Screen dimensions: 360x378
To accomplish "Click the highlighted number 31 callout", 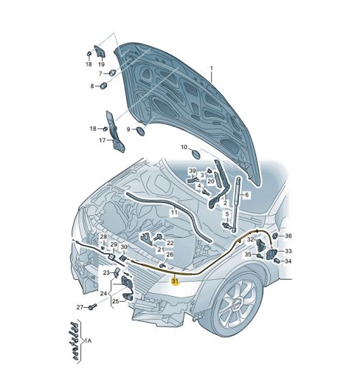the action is coord(175,281).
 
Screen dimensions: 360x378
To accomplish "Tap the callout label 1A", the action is coord(88,340).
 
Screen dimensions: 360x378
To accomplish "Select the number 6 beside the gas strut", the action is coord(246,195).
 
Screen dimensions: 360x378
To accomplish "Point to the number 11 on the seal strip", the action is coord(174,212).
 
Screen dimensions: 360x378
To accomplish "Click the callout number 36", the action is coord(288,236).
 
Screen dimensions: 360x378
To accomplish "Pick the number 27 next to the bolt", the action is coord(80,307).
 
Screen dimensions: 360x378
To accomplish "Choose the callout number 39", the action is coord(192,171).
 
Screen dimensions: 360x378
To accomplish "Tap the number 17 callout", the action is coord(103,140).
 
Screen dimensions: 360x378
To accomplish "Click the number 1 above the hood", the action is coord(211,69).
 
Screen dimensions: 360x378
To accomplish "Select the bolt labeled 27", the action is coord(92,306).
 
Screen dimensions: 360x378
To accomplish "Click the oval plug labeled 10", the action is coord(196,154).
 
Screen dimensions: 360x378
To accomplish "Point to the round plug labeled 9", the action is coord(140,131).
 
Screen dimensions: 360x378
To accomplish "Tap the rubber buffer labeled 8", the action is coord(103,86).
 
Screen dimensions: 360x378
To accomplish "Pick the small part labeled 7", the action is coord(113,72).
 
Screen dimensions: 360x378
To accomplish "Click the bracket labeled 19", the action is coord(100,51).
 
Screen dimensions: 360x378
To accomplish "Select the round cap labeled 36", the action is coord(275,236).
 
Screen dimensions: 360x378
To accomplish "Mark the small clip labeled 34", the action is coord(277,261).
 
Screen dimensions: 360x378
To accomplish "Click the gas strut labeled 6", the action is coord(236,204).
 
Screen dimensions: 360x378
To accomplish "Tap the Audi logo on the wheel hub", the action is coord(237,304).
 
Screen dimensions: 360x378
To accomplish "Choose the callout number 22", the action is coord(170,243).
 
